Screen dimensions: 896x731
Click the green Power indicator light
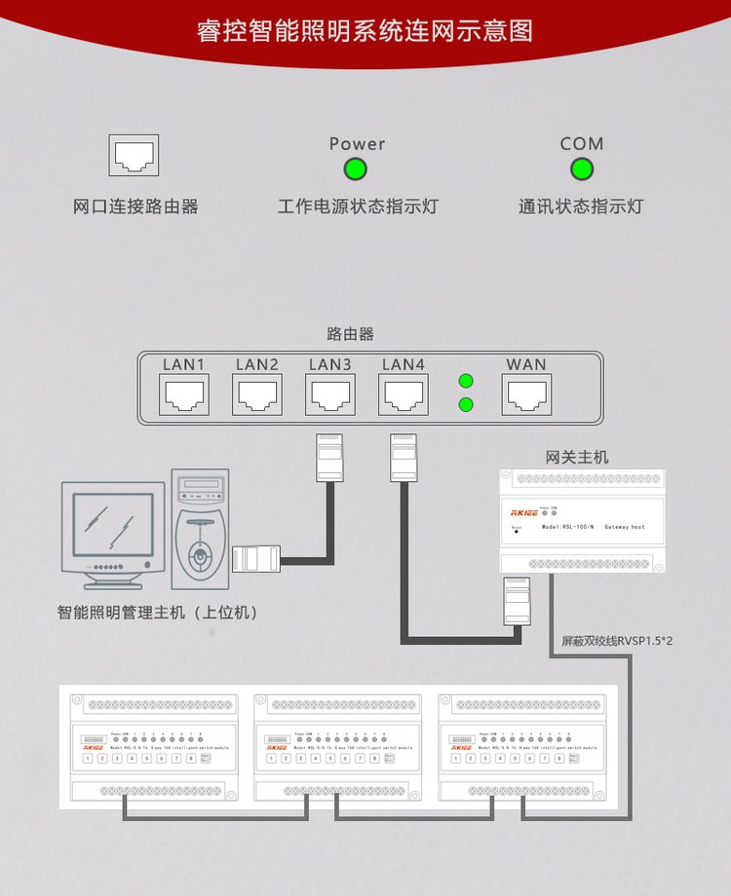pyautogui.click(x=356, y=169)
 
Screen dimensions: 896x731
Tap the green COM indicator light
pyautogui.click(x=582, y=169)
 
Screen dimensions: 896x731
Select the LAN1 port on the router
pyautogui.click(x=183, y=395)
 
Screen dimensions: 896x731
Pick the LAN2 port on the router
pyautogui.click(x=257, y=395)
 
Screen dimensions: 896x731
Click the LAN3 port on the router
pyautogui.click(x=330, y=395)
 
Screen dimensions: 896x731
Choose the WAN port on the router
pyautogui.click(x=526, y=395)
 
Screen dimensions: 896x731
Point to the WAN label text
pyautogui.click(x=526, y=364)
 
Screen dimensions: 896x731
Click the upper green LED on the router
pyautogui.click(x=466, y=381)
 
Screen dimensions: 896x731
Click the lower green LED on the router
pyautogui.click(x=466, y=403)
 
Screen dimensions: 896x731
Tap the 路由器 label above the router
pyautogui.click(x=350, y=334)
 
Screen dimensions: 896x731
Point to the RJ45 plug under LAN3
pyautogui.click(x=328, y=458)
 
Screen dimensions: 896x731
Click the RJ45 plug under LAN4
pyautogui.click(x=403, y=458)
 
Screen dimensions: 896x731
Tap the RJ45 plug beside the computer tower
pyautogui.click(x=256, y=559)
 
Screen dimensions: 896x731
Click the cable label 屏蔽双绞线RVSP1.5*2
pyautogui.click(x=618, y=642)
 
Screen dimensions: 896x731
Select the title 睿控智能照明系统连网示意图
pyautogui.click(x=365, y=30)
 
